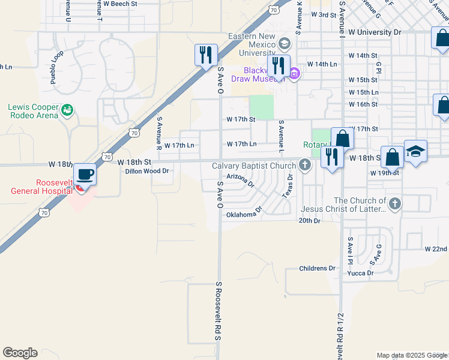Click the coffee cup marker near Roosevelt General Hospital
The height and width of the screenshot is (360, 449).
tap(85, 175)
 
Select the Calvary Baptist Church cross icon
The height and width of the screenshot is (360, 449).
tap(305, 165)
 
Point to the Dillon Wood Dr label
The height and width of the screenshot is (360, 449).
tap(148, 171)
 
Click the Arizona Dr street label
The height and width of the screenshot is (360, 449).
tap(241, 180)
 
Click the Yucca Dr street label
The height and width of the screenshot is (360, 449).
tap(360, 273)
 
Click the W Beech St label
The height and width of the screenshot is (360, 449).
tap(120, 4)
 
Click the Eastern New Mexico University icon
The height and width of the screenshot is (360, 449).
tap(283, 43)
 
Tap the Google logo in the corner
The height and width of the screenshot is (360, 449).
tap(20, 353)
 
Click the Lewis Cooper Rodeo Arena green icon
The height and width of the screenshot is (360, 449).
tap(68, 109)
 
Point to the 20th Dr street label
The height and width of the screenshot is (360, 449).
tap(310, 221)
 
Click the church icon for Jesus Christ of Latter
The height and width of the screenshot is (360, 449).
tap(394, 203)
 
